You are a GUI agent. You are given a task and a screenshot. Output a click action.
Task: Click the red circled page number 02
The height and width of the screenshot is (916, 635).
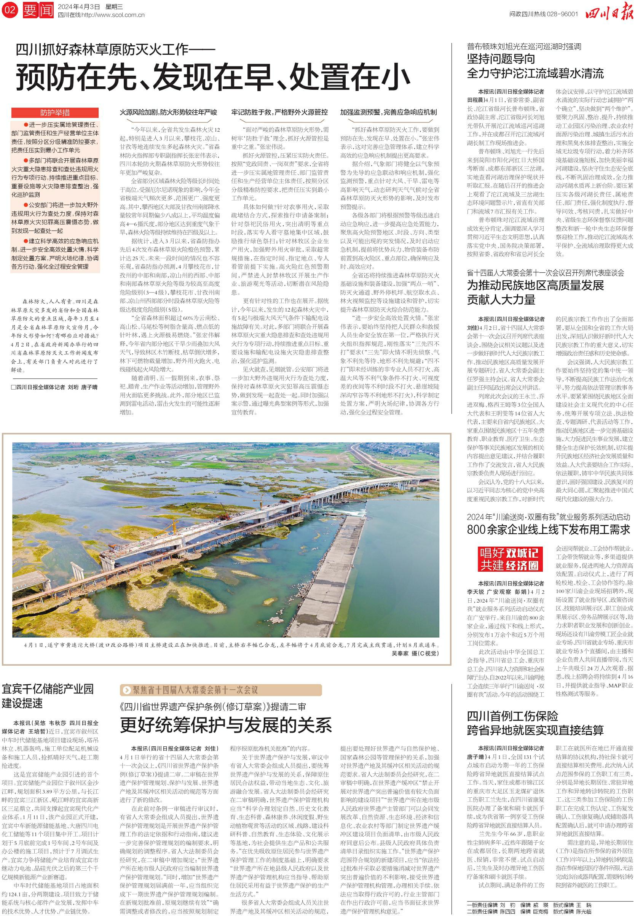pyautogui.click(x=10, y=10)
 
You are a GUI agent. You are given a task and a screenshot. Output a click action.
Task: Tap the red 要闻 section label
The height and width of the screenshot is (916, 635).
pyautogui.click(x=38, y=10)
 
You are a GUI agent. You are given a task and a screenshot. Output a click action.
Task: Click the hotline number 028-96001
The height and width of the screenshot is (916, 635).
pyautogui.click(x=561, y=14)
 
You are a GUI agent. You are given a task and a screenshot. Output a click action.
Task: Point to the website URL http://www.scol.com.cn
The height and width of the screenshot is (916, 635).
pyautogui.click(x=113, y=15)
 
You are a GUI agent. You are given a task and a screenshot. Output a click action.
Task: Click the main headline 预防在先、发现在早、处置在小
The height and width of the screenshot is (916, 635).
pyautogui.click(x=213, y=77)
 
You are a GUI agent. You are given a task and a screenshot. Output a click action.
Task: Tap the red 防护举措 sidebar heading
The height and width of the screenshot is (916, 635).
pyautogui.click(x=55, y=113)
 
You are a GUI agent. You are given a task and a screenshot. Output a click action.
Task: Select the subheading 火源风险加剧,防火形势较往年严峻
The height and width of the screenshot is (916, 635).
pyautogui.click(x=169, y=113)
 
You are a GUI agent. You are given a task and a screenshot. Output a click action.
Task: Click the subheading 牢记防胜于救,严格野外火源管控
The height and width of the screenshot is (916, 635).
pyautogui.click(x=280, y=113)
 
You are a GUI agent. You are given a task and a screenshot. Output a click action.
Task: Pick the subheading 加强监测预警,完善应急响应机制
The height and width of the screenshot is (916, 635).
pyautogui.click(x=388, y=113)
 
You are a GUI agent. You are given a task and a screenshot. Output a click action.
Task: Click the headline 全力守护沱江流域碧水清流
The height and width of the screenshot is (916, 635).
pyautogui.click(x=535, y=73)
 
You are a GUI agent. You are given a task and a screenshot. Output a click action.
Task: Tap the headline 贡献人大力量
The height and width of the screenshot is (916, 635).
pyautogui.click(x=501, y=299)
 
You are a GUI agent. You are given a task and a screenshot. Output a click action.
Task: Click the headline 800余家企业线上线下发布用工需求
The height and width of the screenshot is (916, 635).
pyautogui.click(x=549, y=529)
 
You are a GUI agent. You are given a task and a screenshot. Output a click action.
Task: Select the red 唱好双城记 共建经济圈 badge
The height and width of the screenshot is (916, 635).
pyautogui.click(x=509, y=559)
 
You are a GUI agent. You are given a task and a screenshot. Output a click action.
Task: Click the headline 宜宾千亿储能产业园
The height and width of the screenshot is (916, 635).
pyautogui.click(x=48, y=689)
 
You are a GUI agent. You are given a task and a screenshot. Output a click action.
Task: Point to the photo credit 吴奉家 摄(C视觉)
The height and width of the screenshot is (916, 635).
pyautogui.click(x=415, y=653)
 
